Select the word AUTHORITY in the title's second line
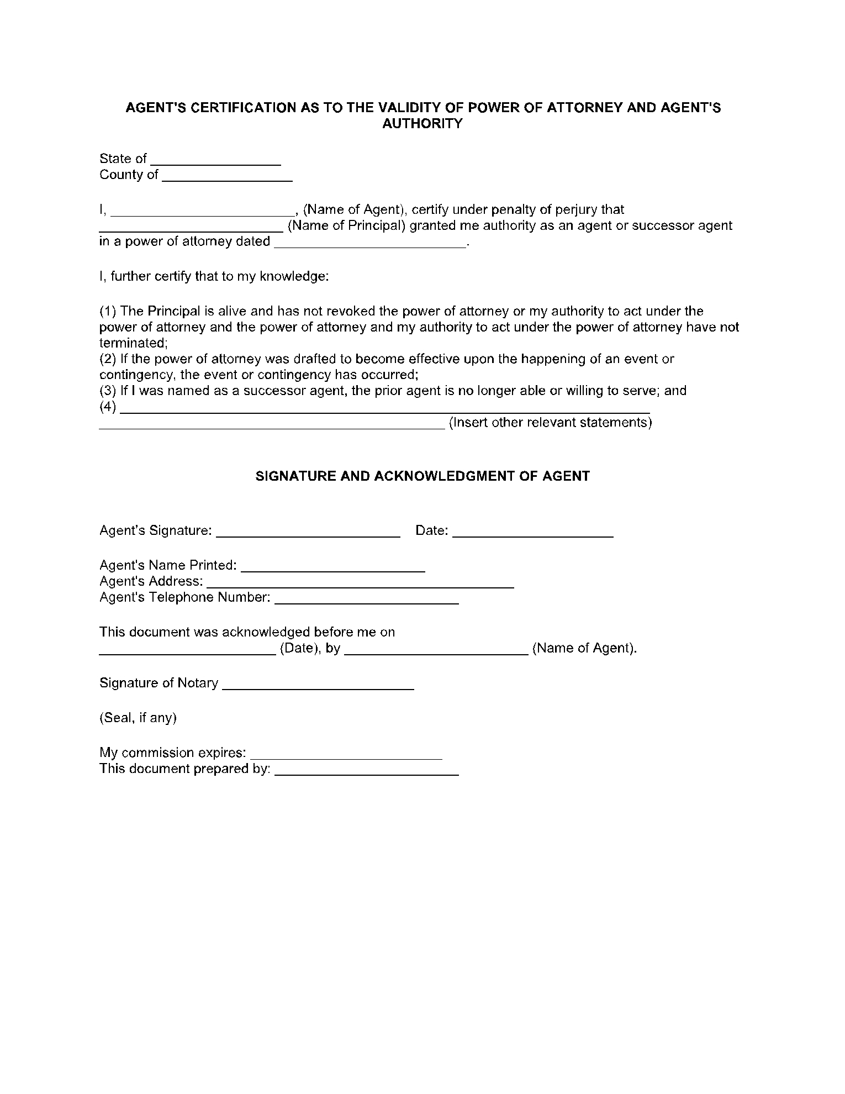coord(422,124)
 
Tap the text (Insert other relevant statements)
coord(550,423)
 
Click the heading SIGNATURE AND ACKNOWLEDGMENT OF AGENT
coord(422,476)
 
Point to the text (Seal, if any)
coord(138,718)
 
